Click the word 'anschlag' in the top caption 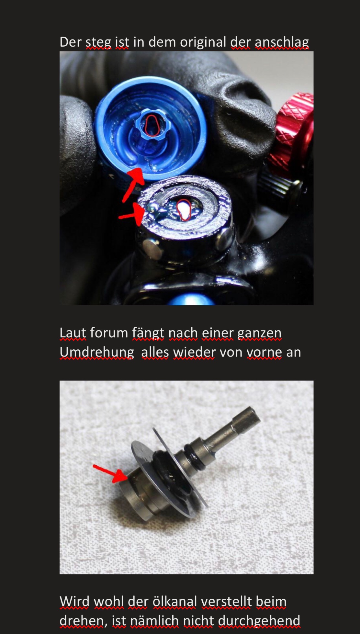[x=282, y=42]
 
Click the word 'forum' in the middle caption [x=109, y=333]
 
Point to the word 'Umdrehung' [x=97, y=352]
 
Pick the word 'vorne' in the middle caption [x=264, y=352]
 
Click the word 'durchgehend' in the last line [x=259, y=621]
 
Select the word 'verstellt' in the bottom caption [x=226, y=602]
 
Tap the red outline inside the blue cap [x=152, y=125]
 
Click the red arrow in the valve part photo [x=110, y=473]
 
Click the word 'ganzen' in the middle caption [x=259, y=333]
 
